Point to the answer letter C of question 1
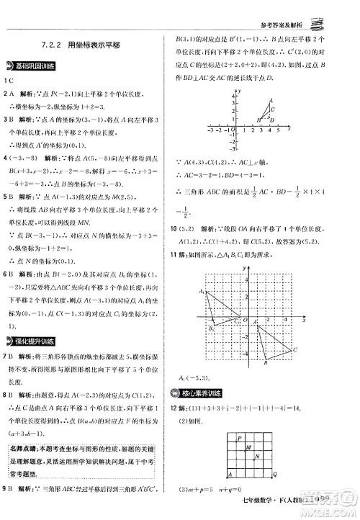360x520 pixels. (x=9, y=80)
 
